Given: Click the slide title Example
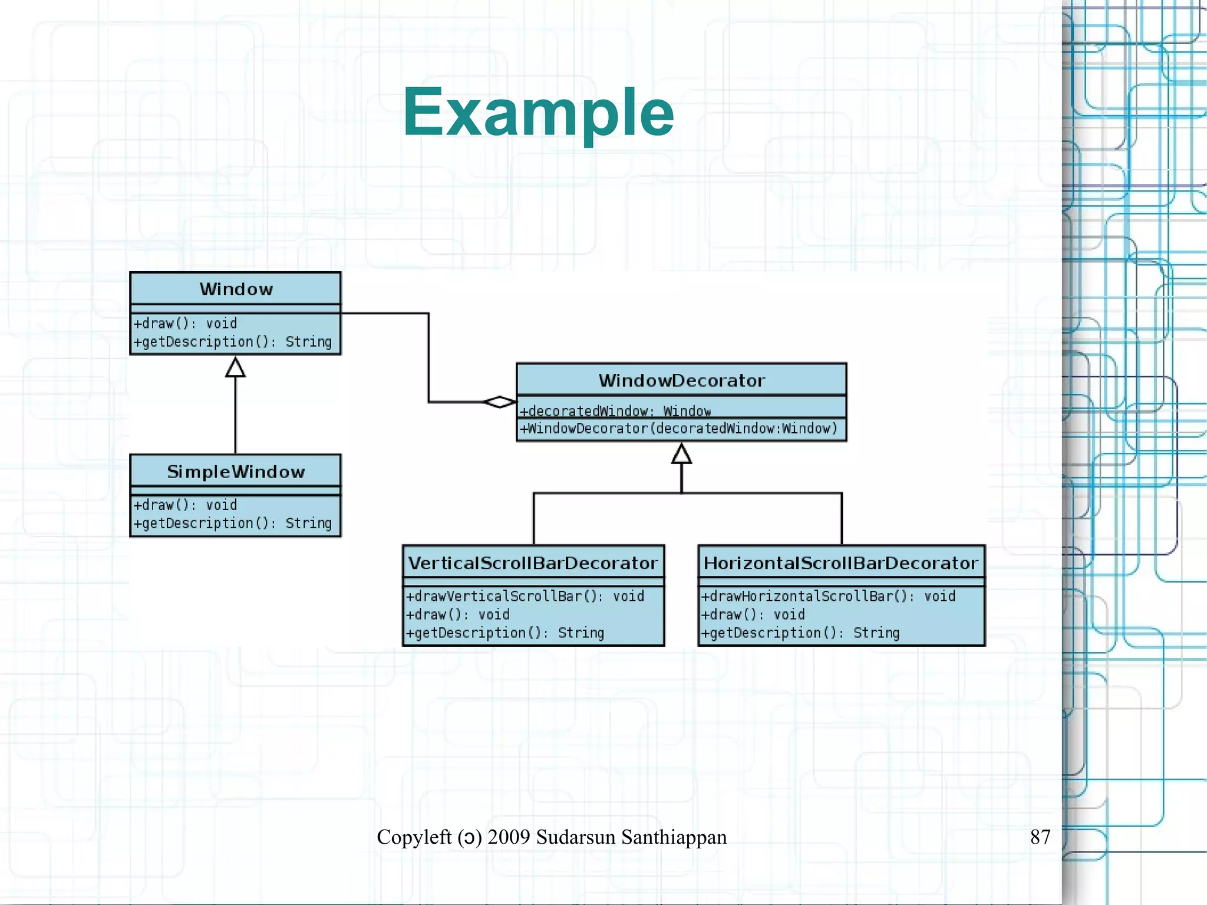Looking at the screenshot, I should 537,112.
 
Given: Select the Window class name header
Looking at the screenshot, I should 236,289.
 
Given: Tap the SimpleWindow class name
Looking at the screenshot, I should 236,472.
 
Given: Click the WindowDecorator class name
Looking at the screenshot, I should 681,380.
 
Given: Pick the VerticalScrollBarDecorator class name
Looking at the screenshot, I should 533,563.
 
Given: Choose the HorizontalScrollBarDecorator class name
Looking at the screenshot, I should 841,563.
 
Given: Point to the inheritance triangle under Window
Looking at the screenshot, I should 236,368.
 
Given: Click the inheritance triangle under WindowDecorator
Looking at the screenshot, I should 681,454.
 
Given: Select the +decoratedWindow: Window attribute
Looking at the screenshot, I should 615,411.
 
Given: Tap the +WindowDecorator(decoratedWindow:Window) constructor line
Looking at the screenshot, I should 678,429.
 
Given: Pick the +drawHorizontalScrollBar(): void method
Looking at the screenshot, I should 827,597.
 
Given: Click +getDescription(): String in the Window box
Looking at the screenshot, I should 232,342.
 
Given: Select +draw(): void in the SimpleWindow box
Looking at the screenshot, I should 185,505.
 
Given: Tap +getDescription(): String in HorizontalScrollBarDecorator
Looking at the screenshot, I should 800,633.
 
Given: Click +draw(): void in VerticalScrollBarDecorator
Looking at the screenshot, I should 457,615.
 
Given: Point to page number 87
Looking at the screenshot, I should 1040,837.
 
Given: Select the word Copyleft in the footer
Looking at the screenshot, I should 414,837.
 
